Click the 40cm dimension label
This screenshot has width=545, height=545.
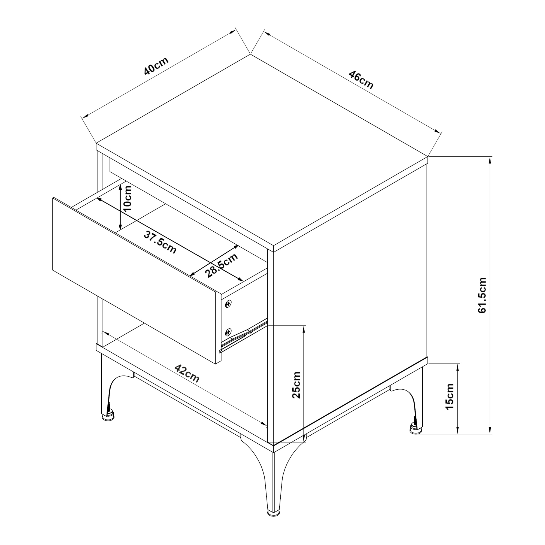[x=156, y=66]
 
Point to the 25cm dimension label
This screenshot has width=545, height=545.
[x=296, y=385]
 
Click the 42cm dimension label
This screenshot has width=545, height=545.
[x=187, y=374]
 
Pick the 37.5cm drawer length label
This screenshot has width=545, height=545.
[x=160, y=242]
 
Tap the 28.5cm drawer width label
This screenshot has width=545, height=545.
[x=222, y=265]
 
